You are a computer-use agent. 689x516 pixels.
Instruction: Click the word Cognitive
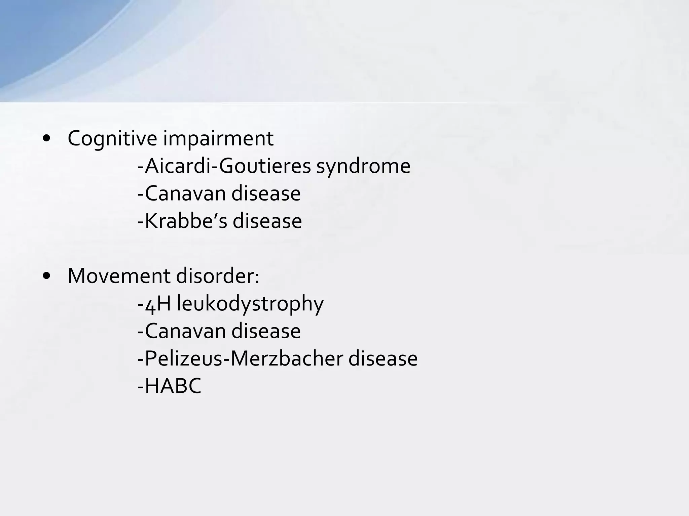(112, 139)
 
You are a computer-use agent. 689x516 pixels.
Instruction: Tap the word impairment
(218, 139)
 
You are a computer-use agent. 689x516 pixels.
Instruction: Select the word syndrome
(363, 166)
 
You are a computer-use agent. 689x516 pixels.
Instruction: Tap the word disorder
(215, 276)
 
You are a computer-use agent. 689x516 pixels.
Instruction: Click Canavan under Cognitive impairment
(185, 194)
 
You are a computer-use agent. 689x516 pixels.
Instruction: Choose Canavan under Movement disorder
(185, 331)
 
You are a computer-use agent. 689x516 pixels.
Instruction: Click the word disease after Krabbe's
(267, 221)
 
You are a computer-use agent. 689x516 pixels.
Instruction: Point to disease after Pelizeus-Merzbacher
(383, 359)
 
